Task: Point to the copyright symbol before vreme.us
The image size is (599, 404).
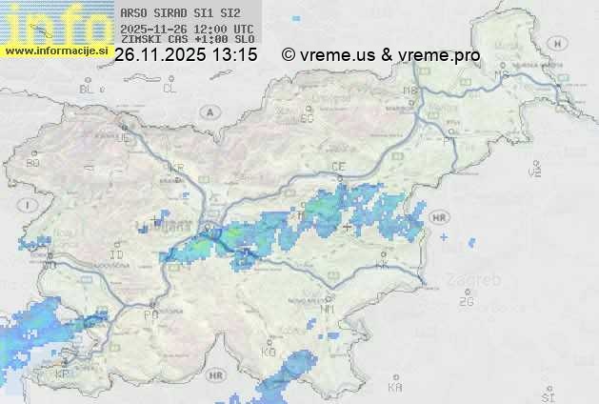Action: point(289,55)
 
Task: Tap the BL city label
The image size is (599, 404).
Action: point(87,89)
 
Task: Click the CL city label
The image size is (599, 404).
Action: point(170,89)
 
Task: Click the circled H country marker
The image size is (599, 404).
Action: point(561,43)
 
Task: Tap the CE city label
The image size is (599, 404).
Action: point(338,167)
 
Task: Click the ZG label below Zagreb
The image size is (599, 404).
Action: point(466,302)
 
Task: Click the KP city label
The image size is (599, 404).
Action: point(62,374)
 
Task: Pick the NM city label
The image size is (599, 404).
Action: point(329,310)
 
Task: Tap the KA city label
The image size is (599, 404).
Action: point(395,388)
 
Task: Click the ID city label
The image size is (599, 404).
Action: point(117,255)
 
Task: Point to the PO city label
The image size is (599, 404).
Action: point(150,313)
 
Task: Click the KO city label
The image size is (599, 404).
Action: point(269,353)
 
